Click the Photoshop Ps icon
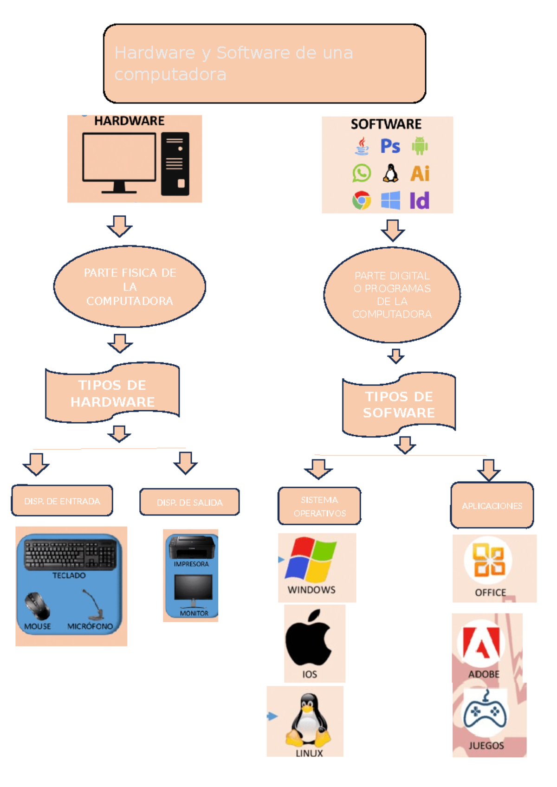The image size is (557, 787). coord(390,146)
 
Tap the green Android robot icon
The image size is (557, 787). coord(420,146)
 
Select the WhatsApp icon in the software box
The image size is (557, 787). coord(362,173)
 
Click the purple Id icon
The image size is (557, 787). coord(419,201)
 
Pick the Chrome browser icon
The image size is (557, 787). coord(362,200)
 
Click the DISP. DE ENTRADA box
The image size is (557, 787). coord(62,501)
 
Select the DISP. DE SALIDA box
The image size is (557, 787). coord(189,502)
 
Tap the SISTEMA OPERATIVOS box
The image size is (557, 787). coord(319,506)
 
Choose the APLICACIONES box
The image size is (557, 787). coord(492,505)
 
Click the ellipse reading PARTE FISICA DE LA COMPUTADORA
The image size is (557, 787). coord(130,286)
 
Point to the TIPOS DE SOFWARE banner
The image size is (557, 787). coord(399,404)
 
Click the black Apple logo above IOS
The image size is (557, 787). coord(309,638)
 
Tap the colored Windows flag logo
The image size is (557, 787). coord(311,559)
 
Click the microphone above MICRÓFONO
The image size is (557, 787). coord(95,605)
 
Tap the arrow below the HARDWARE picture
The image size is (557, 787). coord(120,226)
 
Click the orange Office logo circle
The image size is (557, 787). coord(488,560)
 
